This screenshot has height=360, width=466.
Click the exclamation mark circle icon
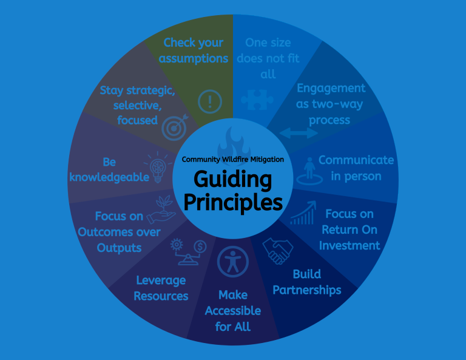coord(210,101)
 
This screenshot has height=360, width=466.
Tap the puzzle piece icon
coord(257,100)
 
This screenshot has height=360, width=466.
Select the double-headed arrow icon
coord(299,133)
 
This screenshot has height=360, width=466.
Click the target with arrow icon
coord(175,127)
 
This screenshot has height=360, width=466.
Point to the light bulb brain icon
coord(158,167)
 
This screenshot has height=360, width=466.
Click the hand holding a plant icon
coord(161,209)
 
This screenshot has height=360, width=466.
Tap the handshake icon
coord(277,251)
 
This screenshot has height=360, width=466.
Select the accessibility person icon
coord(233,262)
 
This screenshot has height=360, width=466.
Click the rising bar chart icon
coord(303,213)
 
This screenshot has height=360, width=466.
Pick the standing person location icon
coord(309,172)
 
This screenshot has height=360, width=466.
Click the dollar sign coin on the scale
coord(200,246)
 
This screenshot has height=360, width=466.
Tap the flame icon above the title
coord(234,142)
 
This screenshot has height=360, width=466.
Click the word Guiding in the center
coord(233,180)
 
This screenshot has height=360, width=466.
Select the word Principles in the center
coord(233,202)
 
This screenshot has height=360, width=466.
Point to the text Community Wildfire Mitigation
coord(233,160)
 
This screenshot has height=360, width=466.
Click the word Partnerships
coord(306,290)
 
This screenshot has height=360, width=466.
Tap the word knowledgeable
coord(109,177)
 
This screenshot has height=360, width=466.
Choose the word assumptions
coord(194,58)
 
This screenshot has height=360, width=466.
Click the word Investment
coord(349,245)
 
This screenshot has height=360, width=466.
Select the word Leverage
coord(161,280)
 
